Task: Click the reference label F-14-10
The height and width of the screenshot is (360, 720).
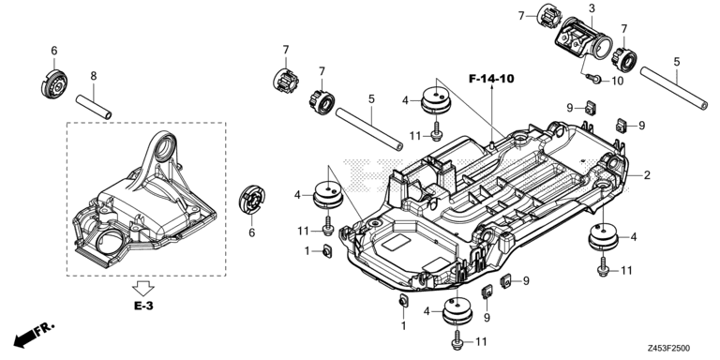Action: coord(494,80)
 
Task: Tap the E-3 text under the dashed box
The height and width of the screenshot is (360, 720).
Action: coord(143,306)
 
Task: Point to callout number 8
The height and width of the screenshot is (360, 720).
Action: coord(93,74)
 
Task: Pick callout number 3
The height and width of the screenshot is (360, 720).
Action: coord(592,8)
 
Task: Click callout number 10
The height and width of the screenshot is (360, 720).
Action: coord(616,81)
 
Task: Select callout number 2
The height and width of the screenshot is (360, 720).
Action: coord(646,175)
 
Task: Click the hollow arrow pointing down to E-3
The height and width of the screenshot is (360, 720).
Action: coord(143,286)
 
